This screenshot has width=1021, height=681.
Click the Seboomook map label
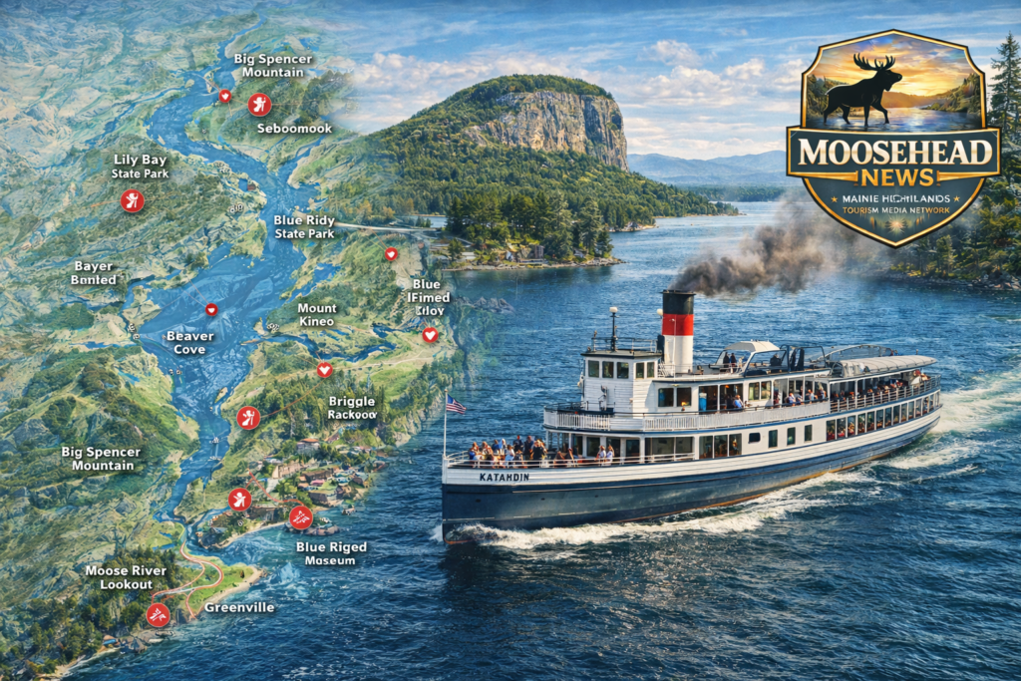click(294, 129)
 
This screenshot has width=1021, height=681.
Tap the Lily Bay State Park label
click(140, 167)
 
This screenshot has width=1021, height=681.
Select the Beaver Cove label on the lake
click(189, 343)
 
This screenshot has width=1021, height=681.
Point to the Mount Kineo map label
click(317, 315)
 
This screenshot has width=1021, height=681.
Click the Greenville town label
click(239, 607)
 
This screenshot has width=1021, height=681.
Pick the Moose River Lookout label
click(119, 577)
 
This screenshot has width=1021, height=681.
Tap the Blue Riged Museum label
click(331, 553)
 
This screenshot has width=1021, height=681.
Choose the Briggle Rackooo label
click(352, 408)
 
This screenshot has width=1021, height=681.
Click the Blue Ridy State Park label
click(304, 226)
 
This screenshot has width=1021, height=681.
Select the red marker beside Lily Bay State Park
click(132, 201)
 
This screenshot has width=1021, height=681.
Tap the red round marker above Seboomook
click(259, 104)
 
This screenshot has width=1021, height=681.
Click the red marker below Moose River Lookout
click(157, 614)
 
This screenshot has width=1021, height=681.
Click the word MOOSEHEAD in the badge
click(892, 153)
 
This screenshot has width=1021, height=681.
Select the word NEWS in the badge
click(893, 177)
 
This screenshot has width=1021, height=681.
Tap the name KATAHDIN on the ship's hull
click(503, 478)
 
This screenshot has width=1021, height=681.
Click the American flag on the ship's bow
click(455, 404)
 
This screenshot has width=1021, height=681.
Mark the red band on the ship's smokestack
click(678, 324)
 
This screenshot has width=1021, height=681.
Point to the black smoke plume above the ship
click(758, 254)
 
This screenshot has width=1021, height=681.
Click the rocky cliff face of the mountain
click(558, 125)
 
